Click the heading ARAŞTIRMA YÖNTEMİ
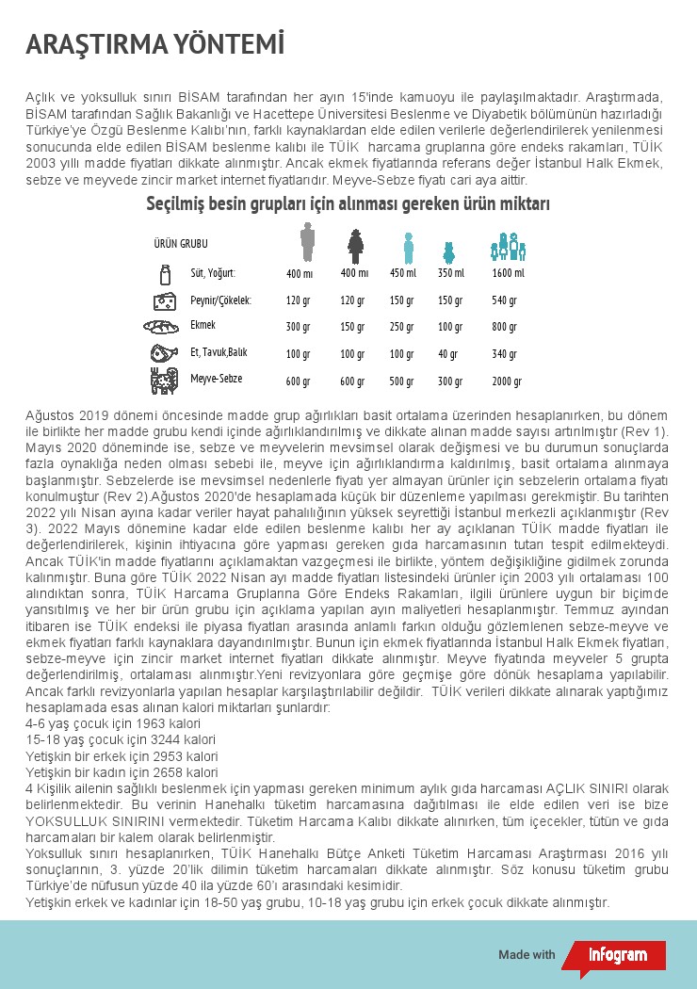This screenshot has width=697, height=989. click(154, 44)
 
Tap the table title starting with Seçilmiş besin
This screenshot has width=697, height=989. click(348, 204)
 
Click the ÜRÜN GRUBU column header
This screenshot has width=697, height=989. click(181, 244)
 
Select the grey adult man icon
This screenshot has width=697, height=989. click(307, 242)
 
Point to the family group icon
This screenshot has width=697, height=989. click(508, 247)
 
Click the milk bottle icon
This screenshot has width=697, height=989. click(166, 274)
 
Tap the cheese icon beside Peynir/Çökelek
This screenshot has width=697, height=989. click(165, 300)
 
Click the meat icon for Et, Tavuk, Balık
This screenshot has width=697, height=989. click(164, 353)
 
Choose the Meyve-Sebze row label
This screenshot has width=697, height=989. click(216, 378)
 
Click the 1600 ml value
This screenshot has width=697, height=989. click(508, 273)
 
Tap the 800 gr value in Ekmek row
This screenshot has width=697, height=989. click(505, 327)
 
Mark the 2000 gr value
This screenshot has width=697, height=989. click(506, 381)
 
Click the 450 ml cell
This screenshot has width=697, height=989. click(402, 273)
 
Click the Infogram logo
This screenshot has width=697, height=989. click(617, 954)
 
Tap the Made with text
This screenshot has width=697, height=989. click(527, 954)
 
